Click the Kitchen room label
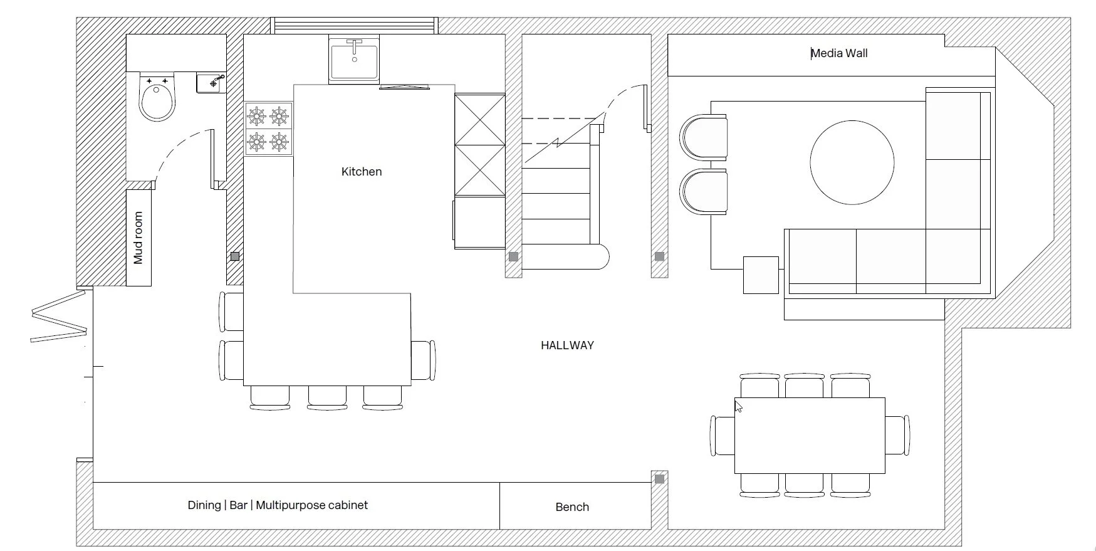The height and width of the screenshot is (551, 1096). pos(362,172)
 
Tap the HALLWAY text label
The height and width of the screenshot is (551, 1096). pos(567,345)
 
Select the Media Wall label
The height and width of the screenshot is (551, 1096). pos(839,53)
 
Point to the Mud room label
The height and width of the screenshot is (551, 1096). pos(138,238)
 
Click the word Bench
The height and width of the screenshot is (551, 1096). pos(572,507)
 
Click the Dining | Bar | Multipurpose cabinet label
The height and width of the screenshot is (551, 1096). pos(278,505)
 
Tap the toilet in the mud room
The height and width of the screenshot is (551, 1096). pos(157,97)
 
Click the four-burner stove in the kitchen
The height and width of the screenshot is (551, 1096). pos(268,129)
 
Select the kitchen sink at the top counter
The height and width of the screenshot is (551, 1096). pos(354,60)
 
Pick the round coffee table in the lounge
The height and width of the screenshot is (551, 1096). pos(852,162)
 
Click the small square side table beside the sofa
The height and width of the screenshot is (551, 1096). pos(761,275)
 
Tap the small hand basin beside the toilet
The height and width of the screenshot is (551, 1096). pos(211,83)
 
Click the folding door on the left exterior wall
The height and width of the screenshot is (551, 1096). pos(59,316)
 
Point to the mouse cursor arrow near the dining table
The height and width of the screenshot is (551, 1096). pos(738,406)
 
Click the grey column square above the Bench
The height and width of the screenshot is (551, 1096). pos(659,479)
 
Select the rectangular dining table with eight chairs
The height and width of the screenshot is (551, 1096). pos(810,435)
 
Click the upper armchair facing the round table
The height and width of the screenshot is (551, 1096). pos(703,137)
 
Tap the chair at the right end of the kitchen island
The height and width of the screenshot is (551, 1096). pos(423,360)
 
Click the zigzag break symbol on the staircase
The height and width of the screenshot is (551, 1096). pos(557,144)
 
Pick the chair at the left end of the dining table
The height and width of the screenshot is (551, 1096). pos(723,435)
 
